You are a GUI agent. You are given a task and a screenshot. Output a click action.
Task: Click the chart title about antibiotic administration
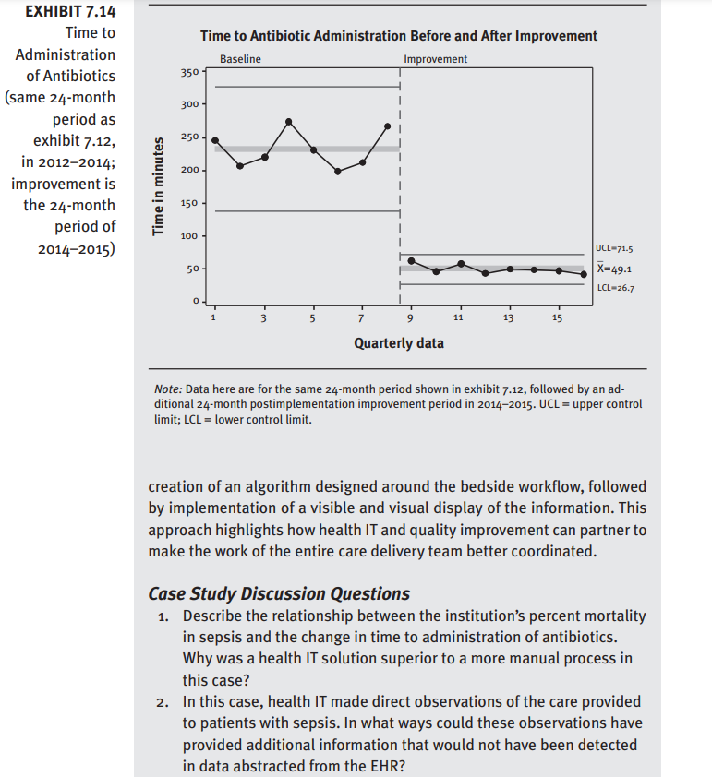(x=398, y=36)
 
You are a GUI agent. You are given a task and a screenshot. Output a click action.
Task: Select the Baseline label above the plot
(x=240, y=59)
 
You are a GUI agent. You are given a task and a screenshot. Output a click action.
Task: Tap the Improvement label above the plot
(x=435, y=59)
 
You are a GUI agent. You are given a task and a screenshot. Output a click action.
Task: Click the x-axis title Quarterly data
(x=398, y=343)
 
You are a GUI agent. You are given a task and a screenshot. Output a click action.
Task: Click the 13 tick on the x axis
(x=508, y=318)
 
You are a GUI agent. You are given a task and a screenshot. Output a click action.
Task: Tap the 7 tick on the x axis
(x=361, y=318)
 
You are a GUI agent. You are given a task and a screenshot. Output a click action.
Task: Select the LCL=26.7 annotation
(x=614, y=288)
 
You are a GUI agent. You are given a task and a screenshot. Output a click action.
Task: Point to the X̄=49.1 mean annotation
(x=614, y=269)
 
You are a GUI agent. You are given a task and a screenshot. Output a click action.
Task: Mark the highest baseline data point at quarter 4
(x=289, y=122)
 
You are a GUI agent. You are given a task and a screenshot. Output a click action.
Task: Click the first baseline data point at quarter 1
(x=215, y=140)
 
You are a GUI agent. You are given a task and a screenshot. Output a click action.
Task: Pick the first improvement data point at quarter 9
(x=412, y=260)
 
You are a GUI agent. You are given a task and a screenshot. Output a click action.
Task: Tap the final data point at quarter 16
(x=584, y=274)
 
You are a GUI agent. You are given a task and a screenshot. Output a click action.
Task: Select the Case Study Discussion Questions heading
(x=279, y=593)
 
